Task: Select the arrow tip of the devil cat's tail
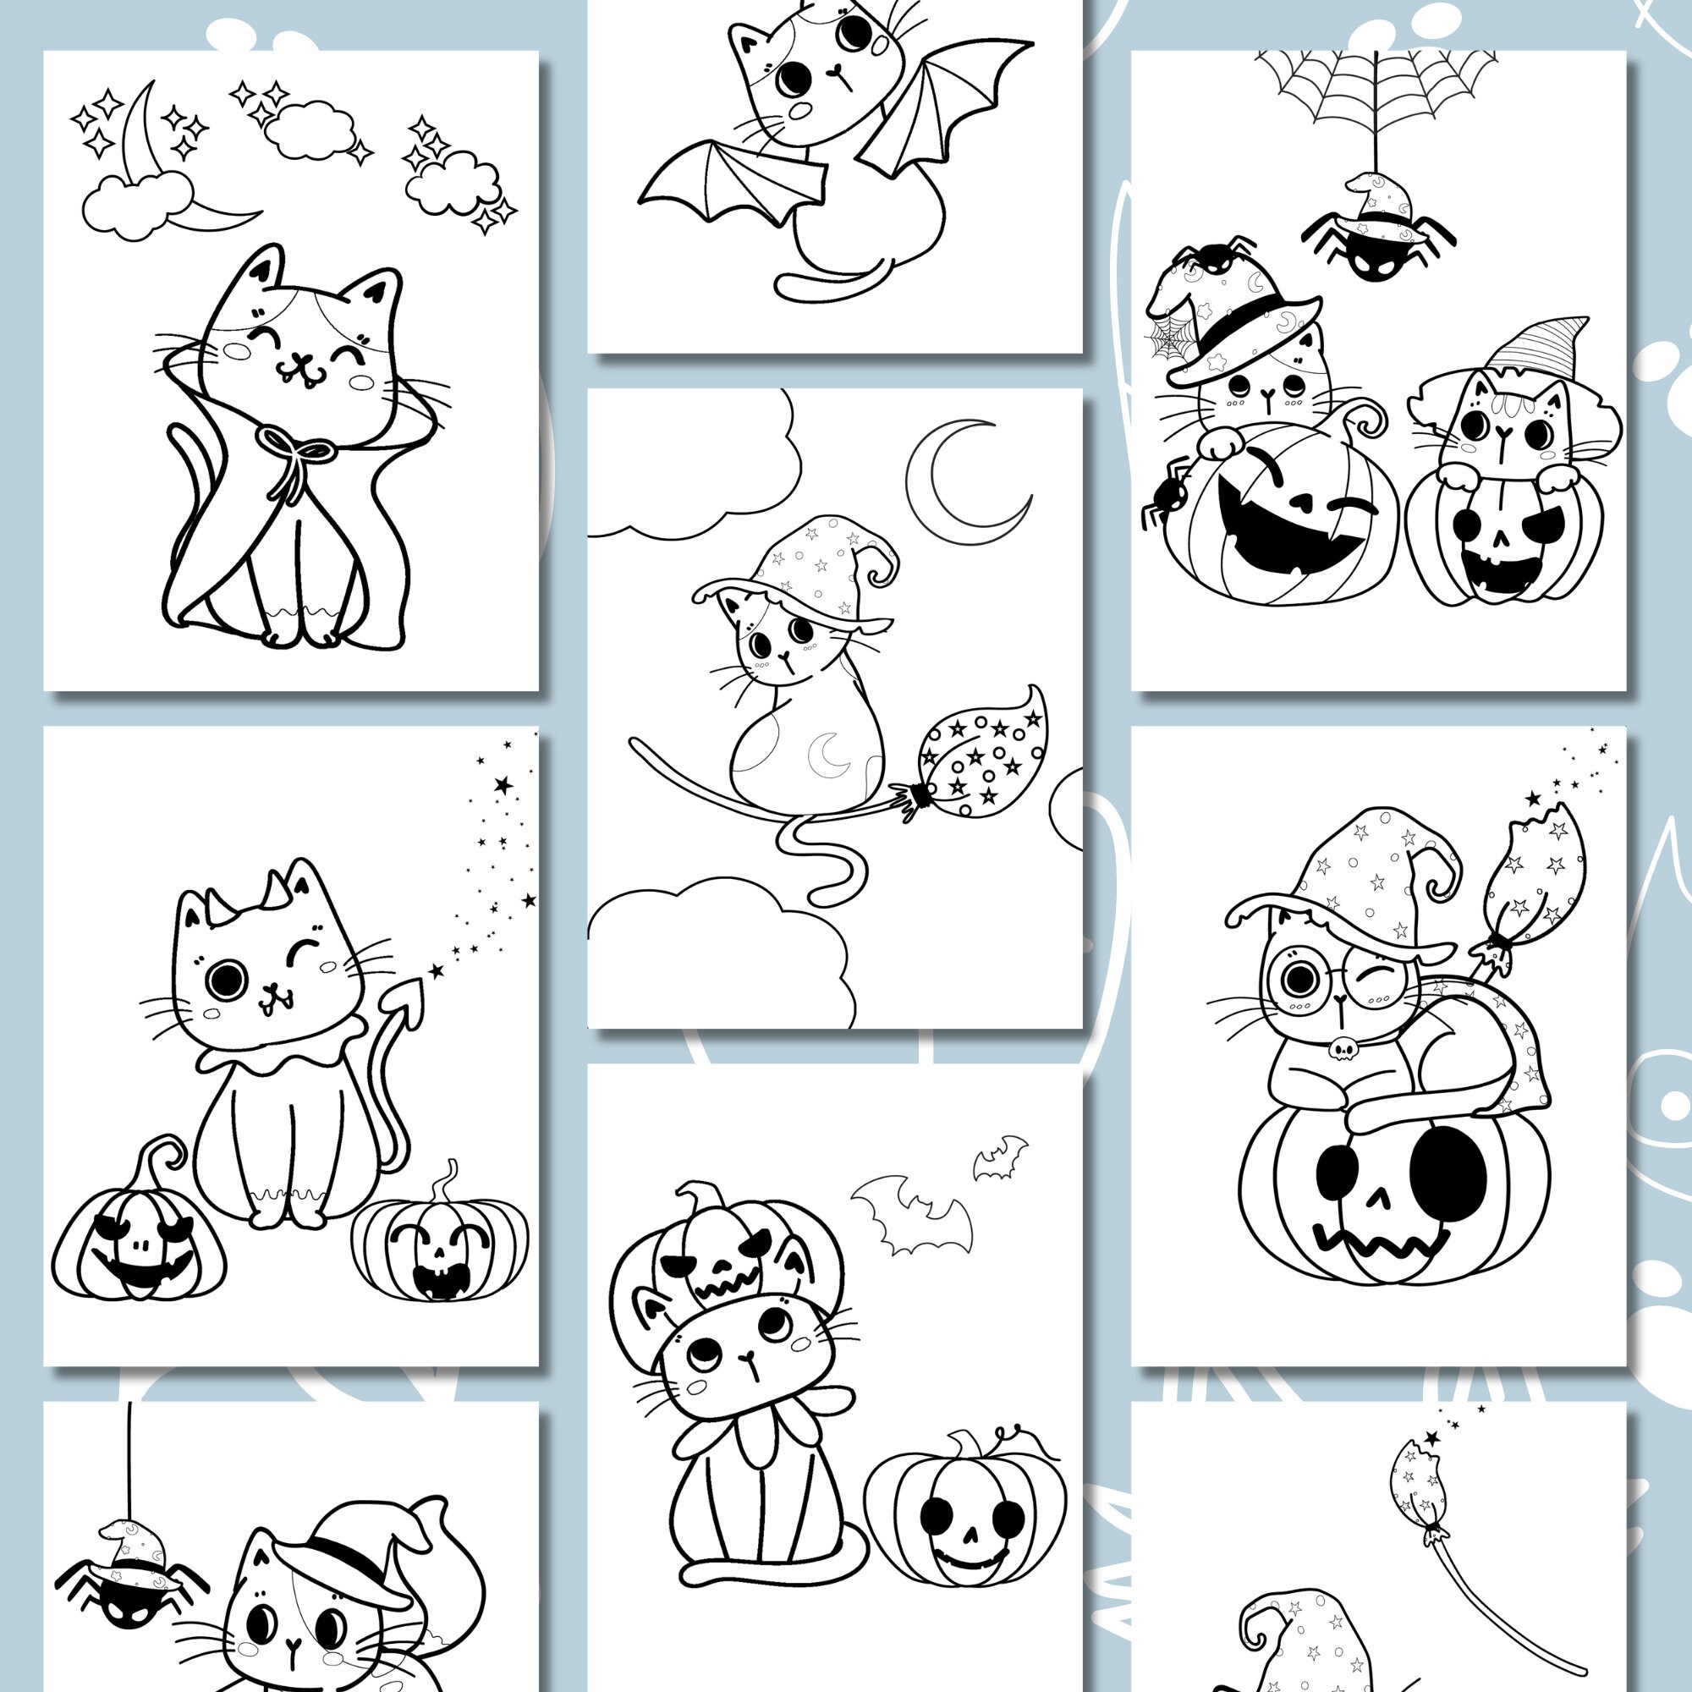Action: point(409,995)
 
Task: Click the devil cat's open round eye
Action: point(226,979)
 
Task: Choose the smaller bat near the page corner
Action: point(1000,1156)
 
